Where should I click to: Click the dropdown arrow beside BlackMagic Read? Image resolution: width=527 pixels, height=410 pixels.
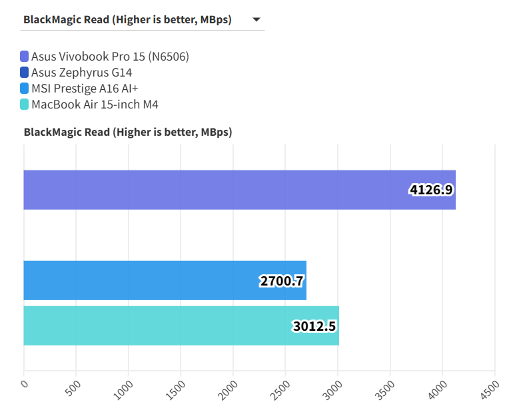257,20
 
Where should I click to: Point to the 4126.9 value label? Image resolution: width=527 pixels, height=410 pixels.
431,190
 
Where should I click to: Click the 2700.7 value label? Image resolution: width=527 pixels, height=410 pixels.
282,281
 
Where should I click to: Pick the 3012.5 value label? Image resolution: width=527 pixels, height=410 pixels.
314,326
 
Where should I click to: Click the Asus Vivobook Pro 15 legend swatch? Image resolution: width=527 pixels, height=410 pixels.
25,57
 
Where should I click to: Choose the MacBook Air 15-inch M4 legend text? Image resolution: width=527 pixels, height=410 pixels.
95,104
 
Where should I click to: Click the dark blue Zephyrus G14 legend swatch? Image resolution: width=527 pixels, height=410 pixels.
25,73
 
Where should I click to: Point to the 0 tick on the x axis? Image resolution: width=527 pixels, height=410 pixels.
25,383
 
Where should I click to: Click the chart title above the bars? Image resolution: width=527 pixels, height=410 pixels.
128,132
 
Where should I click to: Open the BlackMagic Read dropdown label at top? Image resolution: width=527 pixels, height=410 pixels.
127,20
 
